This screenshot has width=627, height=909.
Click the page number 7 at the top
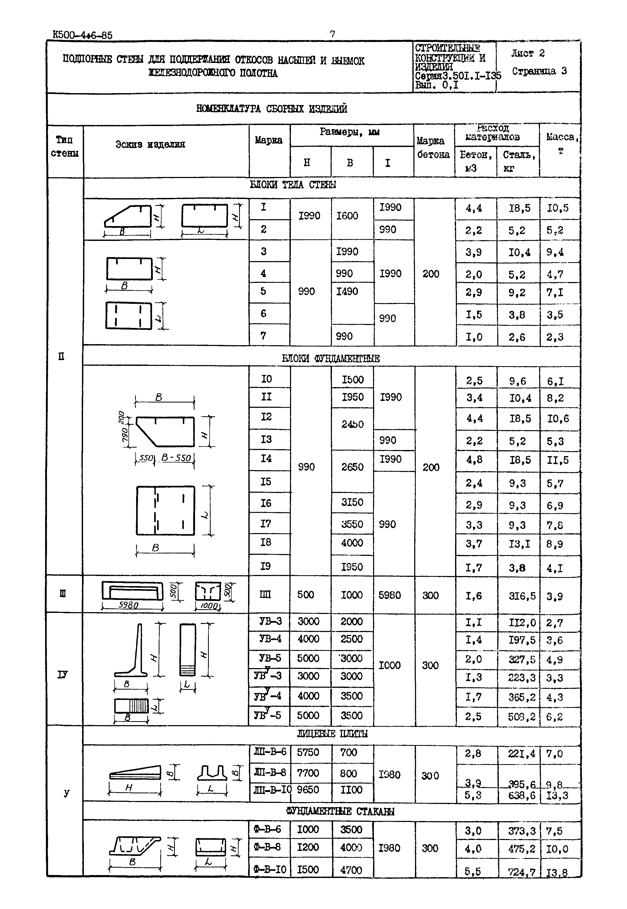pos(332,34)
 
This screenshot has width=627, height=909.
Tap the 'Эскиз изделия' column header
pos(150,145)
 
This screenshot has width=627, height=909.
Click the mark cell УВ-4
pos(270,639)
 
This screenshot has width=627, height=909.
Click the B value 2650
pos(352,467)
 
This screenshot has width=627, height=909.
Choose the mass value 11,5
pos(557,460)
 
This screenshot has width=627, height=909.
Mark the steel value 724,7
pos(521,872)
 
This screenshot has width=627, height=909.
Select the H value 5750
pos(308,752)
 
